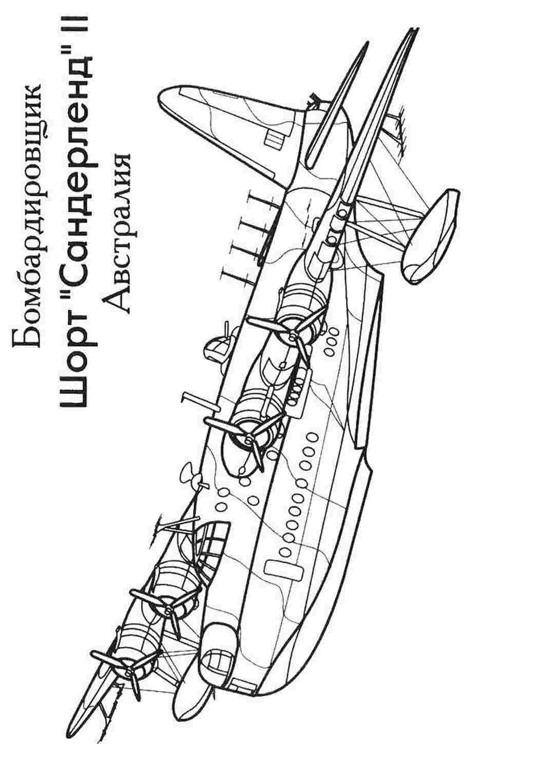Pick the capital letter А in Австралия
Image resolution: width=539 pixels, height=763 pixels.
(x=117, y=300)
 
